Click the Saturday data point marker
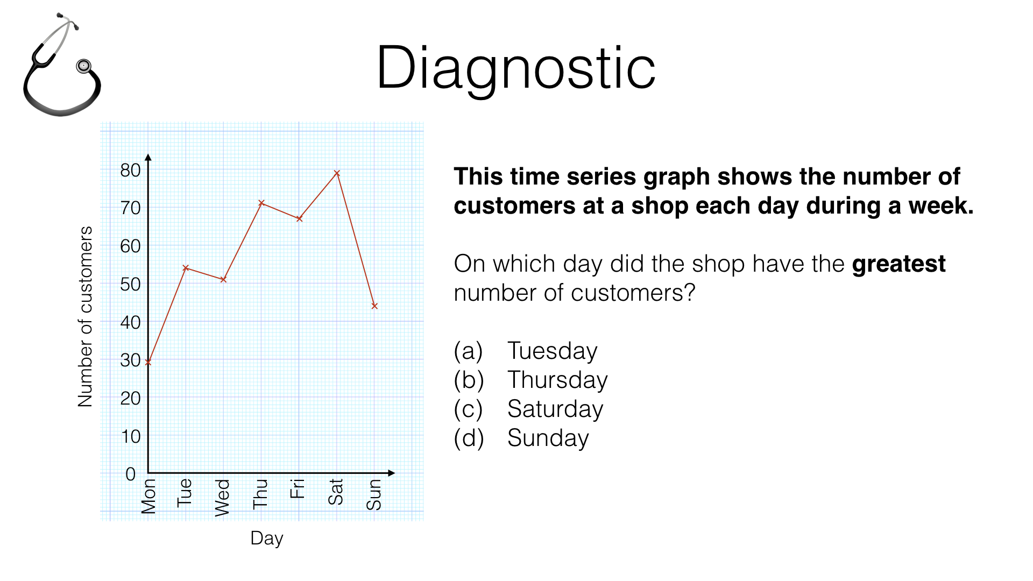(x=337, y=173)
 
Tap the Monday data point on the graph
(x=148, y=362)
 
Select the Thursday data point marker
(x=261, y=203)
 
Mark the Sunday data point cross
(x=374, y=306)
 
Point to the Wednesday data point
(x=223, y=279)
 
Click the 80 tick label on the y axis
(x=130, y=170)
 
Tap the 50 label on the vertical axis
(x=130, y=284)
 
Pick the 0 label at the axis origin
(x=130, y=474)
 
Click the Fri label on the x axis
(x=298, y=488)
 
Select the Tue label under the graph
(x=185, y=492)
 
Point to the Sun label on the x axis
(x=374, y=494)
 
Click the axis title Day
(x=267, y=538)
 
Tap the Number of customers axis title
(x=85, y=316)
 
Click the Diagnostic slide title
(x=516, y=68)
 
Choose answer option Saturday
(x=528, y=409)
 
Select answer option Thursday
(x=530, y=380)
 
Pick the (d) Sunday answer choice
(x=521, y=438)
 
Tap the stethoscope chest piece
(x=83, y=66)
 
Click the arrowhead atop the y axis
(x=148, y=157)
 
